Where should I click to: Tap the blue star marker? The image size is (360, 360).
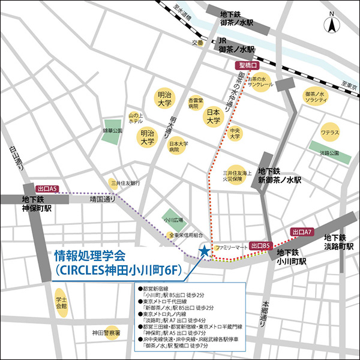click(x=205, y=251)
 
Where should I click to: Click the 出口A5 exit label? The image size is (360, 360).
click(x=47, y=188)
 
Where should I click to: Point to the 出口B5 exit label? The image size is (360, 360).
click(x=262, y=245)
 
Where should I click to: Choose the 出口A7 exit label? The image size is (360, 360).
click(x=302, y=232)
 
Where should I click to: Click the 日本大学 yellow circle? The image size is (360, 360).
click(x=213, y=116)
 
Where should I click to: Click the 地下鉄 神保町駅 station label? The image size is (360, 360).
click(x=37, y=205)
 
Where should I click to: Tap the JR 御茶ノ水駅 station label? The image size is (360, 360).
click(x=237, y=44)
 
